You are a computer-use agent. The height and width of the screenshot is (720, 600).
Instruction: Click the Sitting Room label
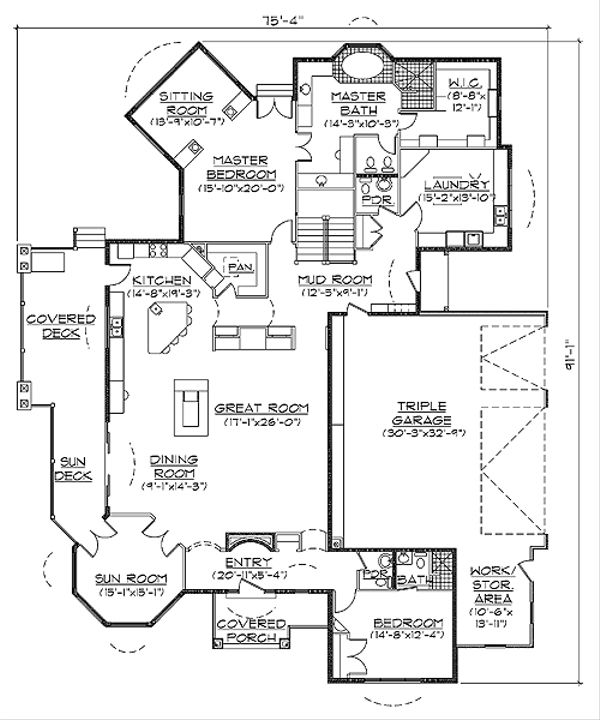183,102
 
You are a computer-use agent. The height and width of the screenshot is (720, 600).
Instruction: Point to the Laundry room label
455,185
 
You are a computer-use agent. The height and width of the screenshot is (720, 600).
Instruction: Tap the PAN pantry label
240,267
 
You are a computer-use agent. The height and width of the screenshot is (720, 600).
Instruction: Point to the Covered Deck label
60,325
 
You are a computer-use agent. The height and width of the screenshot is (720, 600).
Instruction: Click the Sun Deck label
72,468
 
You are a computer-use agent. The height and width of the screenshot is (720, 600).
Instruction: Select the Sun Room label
128,579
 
